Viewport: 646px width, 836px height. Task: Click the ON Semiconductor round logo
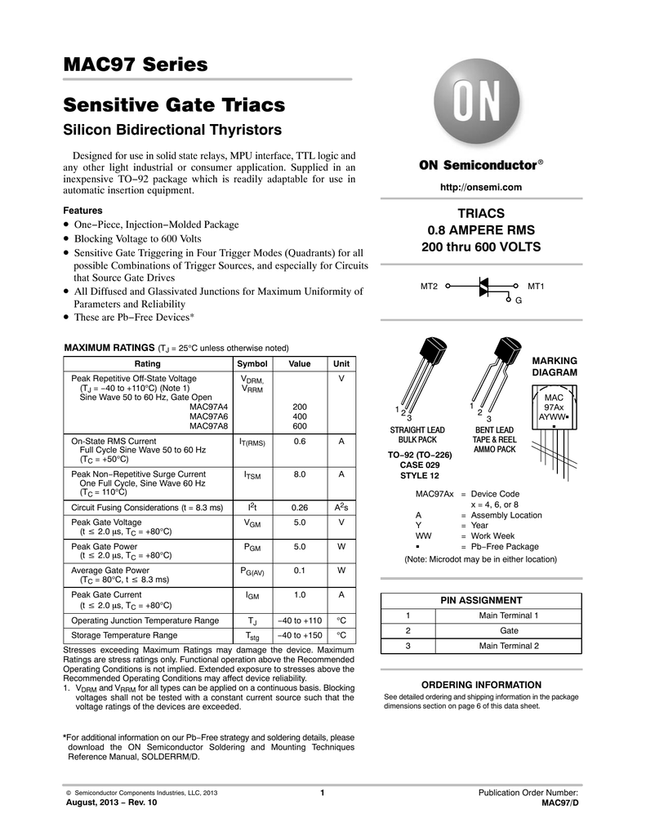pyautogui.click(x=481, y=104)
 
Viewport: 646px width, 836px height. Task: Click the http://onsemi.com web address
pyautogui.click(x=481, y=188)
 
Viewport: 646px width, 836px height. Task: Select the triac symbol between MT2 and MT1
pyautogui.click(x=483, y=287)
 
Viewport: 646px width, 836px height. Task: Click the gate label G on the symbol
pyautogui.click(x=519, y=302)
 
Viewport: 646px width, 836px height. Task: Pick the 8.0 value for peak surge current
pyautogui.click(x=300, y=474)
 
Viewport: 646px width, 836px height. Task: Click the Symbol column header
pyautogui.click(x=252, y=363)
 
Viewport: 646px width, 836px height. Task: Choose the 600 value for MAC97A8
pyautogui.click(x=300, y=426)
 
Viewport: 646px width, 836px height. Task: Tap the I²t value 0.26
pyautogui.click(x=300, y=508)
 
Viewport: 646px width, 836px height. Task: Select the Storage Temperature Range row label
pyautogui.click(x=124, y=634)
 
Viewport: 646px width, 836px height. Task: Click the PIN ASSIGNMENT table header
pyautogui.click(x=481, y=600)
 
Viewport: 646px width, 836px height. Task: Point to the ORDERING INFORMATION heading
pyautogui.click(x=481, y=685)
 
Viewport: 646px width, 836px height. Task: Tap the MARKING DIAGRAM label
pyautogui.click(x=555, y=367)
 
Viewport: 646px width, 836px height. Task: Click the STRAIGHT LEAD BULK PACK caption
pyautogui.click(x=417, y=434)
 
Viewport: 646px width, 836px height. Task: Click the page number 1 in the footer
pyautogui.click(x=323, y=793)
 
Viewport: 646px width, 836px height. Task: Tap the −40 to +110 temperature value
pyautogui.click(x=300, y=620)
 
